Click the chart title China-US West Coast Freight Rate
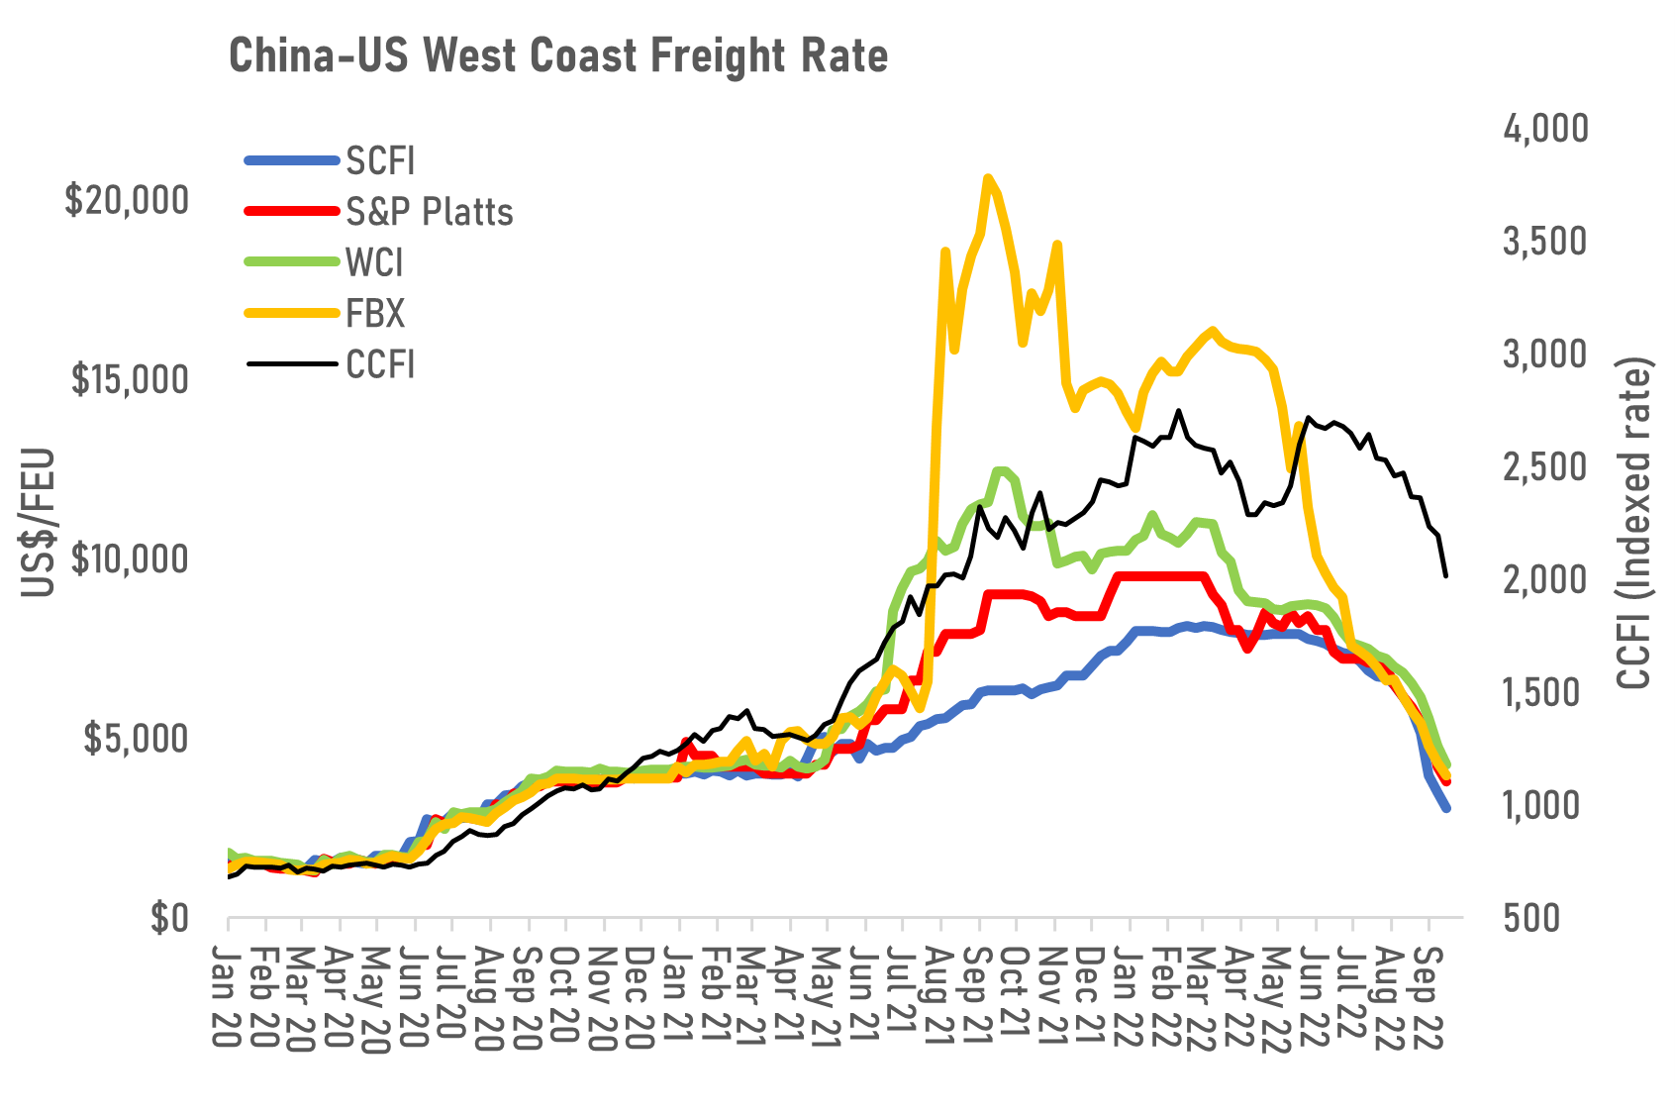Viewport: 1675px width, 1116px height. (x=558, y=56)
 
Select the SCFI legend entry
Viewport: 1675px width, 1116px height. (x=380, y=161)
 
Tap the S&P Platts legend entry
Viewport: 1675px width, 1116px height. (x=429, y=212)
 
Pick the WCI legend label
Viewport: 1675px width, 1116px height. (x=374, y=263)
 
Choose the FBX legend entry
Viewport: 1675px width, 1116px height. (x=375, y=314)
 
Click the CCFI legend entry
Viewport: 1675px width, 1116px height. (x=380, y=364)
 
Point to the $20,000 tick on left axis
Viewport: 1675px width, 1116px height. (x=127, y=200)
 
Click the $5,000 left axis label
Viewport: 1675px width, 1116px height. (x=135, y=739)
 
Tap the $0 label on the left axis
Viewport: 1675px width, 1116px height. (x=168, y=918)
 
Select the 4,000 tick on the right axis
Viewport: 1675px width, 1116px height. (x=1545, y=128)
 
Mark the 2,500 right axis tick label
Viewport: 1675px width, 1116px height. (x=1545, y=466)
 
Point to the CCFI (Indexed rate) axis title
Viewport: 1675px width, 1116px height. (x=1635, y=523)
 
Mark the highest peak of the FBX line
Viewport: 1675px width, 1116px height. (x=987, y=178)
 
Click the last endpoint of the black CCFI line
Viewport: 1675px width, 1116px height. (x=1446, y=575)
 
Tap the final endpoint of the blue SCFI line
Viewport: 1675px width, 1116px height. (x=1446, y=809)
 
